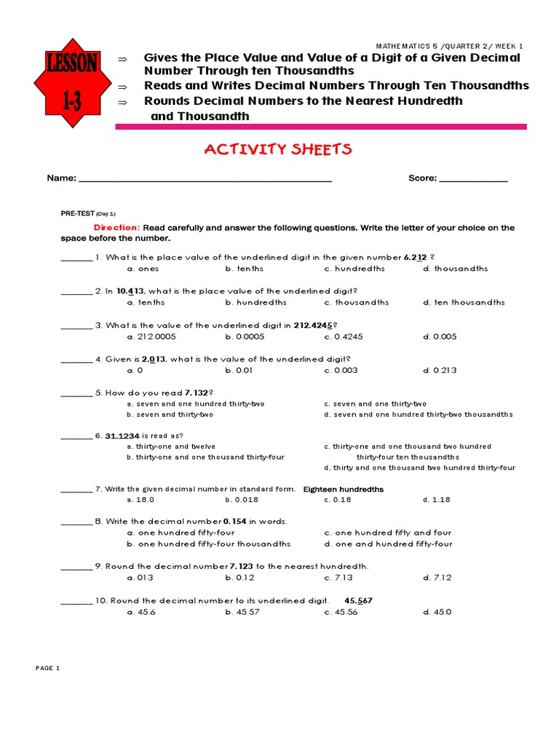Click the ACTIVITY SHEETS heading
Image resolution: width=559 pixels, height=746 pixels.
pos(278,149)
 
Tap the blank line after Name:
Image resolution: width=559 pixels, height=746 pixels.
pos(205,178)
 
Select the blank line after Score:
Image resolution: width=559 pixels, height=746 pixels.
pos(474,178)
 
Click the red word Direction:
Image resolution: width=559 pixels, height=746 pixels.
pos(116,227)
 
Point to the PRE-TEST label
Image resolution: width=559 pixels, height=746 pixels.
pos(77,213)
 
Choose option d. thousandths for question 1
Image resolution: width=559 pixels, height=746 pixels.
pos(456,268)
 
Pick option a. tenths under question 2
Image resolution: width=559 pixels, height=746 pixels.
pos(146,302)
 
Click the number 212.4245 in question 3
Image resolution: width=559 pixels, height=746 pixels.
pos(314,326)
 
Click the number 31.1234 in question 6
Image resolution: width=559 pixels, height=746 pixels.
pos(122,436)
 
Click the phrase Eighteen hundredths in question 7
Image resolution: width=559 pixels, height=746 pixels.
pos(343,489)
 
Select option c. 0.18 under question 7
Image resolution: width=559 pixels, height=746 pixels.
pos(338,500)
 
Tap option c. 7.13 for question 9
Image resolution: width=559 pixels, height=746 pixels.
pos(338,578)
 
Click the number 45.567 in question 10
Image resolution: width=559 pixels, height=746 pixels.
pos(358,600)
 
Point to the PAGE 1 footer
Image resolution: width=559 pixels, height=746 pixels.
pos(47,668)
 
